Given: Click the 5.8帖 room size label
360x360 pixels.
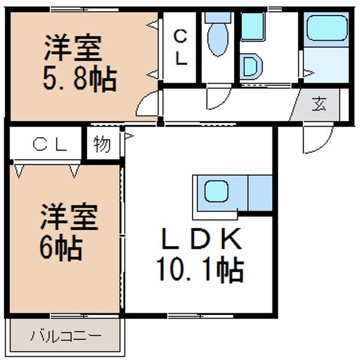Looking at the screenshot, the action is point(80,79).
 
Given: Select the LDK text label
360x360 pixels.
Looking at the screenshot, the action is point(202,239).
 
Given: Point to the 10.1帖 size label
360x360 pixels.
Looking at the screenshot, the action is point(200,271).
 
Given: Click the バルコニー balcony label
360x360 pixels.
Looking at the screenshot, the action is point(66,336).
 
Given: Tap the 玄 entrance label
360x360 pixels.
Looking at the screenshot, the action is point(319,104).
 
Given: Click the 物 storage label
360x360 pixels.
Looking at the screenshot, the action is point(102,144).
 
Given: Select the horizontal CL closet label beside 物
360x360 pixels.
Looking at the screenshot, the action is point(50,145).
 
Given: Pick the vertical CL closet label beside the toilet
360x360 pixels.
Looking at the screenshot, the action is point(181,48).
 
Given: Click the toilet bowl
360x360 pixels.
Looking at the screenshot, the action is point(218,40).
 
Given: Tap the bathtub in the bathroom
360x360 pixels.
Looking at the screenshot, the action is point(326,28).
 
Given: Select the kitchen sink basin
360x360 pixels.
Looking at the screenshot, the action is point(216,191).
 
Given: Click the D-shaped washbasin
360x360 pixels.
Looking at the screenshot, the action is point(251,67).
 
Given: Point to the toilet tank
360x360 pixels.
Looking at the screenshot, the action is point(218,17).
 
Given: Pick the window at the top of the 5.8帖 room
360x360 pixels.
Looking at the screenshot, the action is point(84,10).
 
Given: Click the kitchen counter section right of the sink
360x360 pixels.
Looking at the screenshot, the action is point(260,193).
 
